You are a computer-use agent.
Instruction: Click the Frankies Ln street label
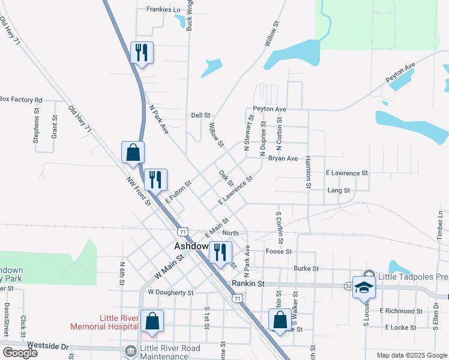[163, 10]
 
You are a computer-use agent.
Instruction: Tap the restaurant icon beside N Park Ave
[142, 53]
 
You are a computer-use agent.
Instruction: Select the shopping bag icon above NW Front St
[133, 153]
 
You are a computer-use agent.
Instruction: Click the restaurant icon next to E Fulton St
[155, 179]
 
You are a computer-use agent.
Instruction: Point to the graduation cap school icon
[364, 287]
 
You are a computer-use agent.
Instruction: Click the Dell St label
[200, 115]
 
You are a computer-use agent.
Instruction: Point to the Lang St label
[339, 190]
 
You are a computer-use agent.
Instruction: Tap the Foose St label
[279, 252]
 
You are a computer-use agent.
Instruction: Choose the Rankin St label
[248, 283]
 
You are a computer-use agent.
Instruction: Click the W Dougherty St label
[171, 293]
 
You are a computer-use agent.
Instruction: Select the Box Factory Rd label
[21, 100]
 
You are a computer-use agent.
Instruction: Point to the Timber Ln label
[440, 226]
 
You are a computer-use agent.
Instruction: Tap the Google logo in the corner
[20, 353]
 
